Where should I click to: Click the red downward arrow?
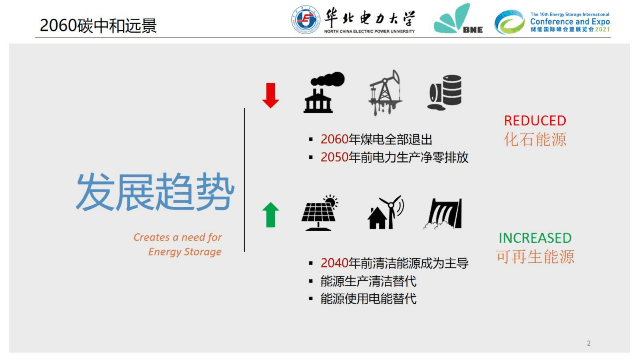tap(270, 95)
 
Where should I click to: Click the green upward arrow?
tap(270, 215)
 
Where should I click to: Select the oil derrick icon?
tap(385, 93)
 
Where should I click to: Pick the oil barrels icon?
tap(444, 92)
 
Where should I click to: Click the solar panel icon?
tap(319, 213)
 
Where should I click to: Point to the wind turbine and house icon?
tap(385, 212)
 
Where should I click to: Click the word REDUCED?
tap(535, 121)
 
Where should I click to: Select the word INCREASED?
tap(535, 238)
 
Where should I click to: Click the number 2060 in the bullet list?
tap(334, 139)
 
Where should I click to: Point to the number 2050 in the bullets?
tap(334, 157)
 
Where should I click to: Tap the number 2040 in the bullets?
tap(334, 263)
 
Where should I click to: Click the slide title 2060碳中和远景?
tap(98, 26)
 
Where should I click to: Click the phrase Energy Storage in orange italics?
tap(185, 252)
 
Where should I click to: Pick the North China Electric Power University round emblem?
tap(306, 20)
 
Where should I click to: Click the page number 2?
tap(589, 343)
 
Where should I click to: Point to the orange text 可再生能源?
tap(535, 257)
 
